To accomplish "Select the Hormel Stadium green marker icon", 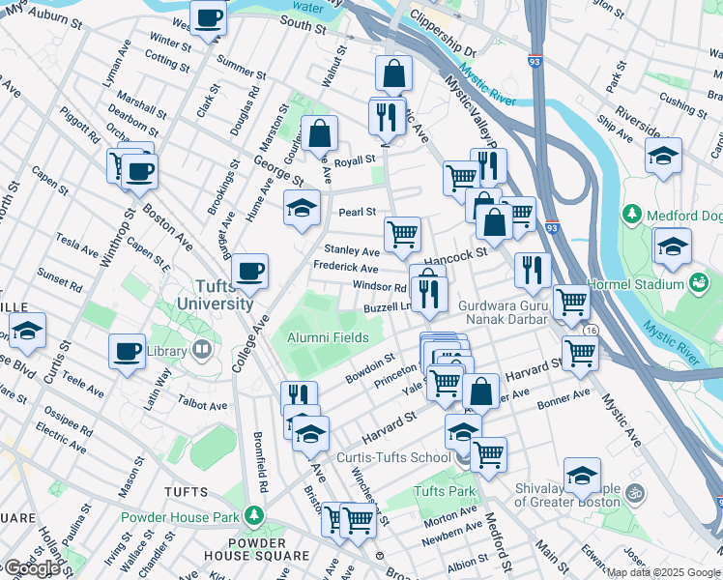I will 698,283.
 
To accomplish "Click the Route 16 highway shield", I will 588,330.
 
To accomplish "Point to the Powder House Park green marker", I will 254,515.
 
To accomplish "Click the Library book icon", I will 202,350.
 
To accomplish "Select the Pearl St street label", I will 356,212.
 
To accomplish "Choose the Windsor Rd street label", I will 379,287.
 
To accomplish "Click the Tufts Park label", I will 445,492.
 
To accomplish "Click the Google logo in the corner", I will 31,567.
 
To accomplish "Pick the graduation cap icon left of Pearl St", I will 302,207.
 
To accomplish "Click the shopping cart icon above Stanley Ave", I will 402,233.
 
